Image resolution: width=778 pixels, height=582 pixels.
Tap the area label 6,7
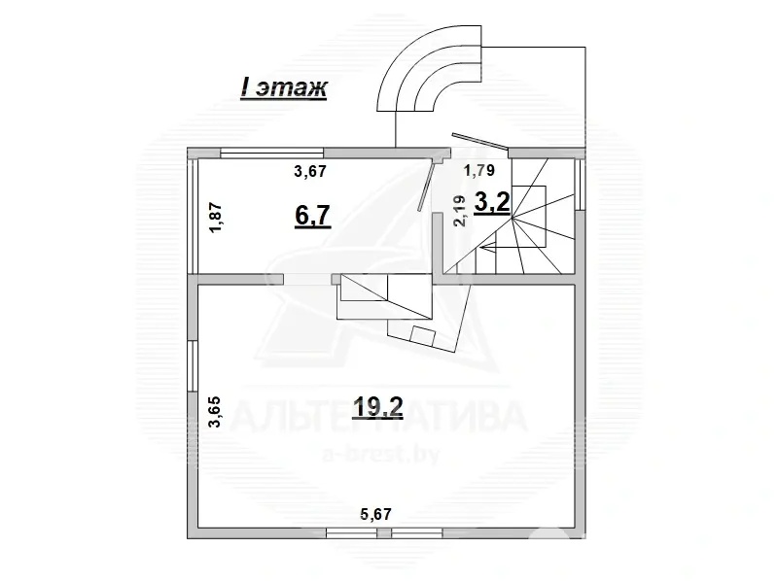[x=312, y=216]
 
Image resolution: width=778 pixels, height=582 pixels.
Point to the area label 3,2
[x=492, y=203]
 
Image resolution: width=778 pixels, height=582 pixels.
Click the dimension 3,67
[x=310, y=172]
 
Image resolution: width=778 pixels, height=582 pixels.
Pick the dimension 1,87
[x=216, y=218]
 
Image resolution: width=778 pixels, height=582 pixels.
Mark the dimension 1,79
[x=478, y=171]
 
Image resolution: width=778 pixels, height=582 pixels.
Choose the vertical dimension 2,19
[x=460, y=211]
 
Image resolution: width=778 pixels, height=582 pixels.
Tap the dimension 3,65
[x=215, y=412]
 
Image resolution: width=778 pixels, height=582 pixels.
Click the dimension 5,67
[x=375, y=514]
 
